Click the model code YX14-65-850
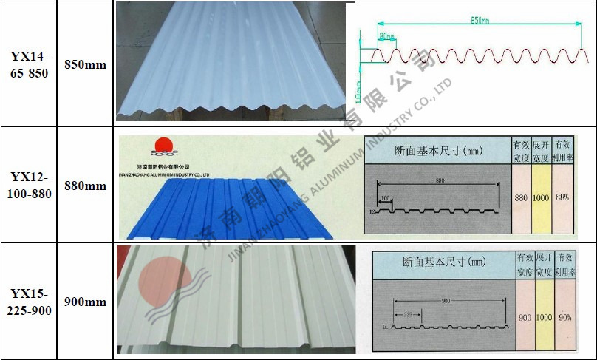[30, 65]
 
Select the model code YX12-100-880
[30, 186]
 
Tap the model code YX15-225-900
[30, 302]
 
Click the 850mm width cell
[85, 65]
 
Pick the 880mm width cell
[85, 186]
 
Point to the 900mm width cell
[85, 302]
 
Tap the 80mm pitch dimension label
[386, 35]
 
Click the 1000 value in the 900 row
[545, 317]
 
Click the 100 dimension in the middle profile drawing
[384, 197]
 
